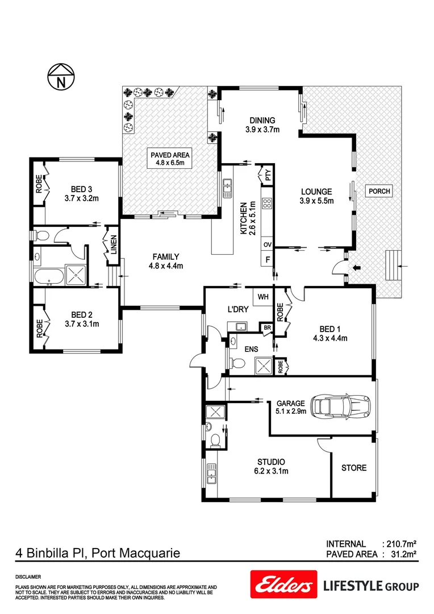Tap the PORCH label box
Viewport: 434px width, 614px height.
(x=379, y=191)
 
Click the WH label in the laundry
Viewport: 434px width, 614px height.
(x=262, y=297)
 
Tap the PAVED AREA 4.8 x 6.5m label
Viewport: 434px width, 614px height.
(x=170, y=159)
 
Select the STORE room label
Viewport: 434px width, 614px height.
(x=353, y=468)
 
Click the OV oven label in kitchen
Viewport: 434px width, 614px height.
(x=266, y=244)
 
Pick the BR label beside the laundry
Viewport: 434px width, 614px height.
(x=266, y=328)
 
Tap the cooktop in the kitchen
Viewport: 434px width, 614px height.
(x=266, y=204)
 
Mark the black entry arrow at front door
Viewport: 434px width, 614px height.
(x=357, y=267)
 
